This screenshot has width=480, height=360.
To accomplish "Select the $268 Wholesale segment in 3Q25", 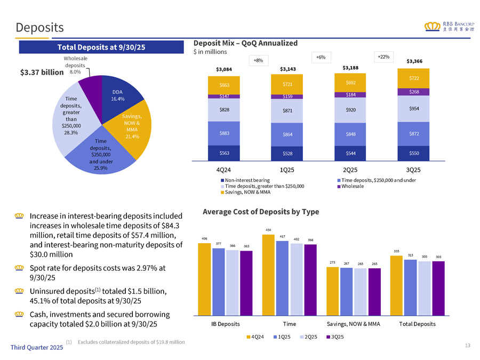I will pos(414,92).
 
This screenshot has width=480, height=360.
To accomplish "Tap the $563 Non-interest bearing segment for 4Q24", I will pos(225,153).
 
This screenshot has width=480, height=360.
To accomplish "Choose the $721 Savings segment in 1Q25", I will pos(287,85).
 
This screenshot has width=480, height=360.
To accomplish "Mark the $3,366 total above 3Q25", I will pos(414,61).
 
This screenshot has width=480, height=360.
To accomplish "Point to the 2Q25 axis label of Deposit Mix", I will pos(350,170).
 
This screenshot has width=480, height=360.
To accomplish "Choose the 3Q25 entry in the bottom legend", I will pos(334,337).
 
